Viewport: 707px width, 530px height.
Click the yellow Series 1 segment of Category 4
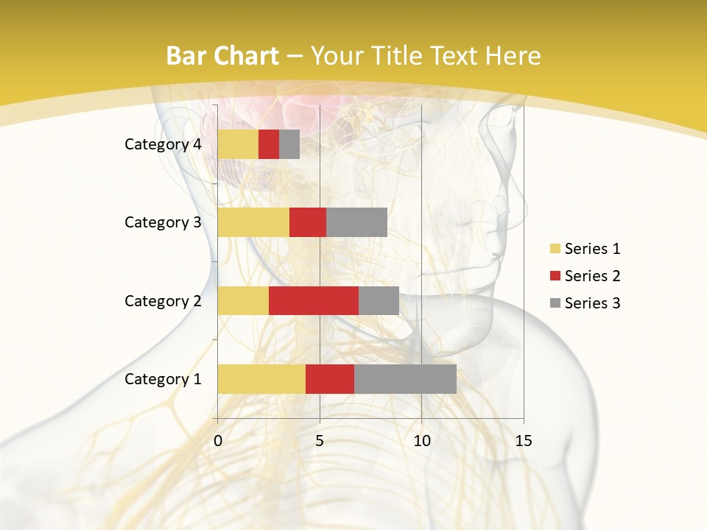point(238,144)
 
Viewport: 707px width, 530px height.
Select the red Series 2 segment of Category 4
point(269,144)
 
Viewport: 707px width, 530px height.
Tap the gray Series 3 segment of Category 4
point(289,144)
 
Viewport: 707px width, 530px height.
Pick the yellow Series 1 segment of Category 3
point(253,222)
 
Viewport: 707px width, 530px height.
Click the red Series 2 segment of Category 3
point(308,222)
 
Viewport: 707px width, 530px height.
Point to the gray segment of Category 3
point(356,222)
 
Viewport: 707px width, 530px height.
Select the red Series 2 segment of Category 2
point(314,300)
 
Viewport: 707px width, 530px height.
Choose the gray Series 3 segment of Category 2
point(379,300)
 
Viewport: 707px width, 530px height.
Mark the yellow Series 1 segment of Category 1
point(261,379)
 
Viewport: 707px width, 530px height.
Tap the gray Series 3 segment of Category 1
point(405,379)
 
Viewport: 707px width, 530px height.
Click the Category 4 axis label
point(163,144)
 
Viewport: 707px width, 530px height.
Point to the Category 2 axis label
point(163,300)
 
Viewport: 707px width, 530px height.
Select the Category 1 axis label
point(163,379)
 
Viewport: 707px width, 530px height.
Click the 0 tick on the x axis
point(218,441)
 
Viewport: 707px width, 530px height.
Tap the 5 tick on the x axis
point(320,441)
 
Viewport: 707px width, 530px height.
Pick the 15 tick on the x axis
point(523,441)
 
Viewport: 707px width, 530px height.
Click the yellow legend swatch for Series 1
point(555,249)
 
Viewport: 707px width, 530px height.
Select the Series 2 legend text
point(592,276)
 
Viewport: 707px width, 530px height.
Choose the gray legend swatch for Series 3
point(555,303)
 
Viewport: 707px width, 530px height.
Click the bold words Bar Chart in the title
point(222,56)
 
